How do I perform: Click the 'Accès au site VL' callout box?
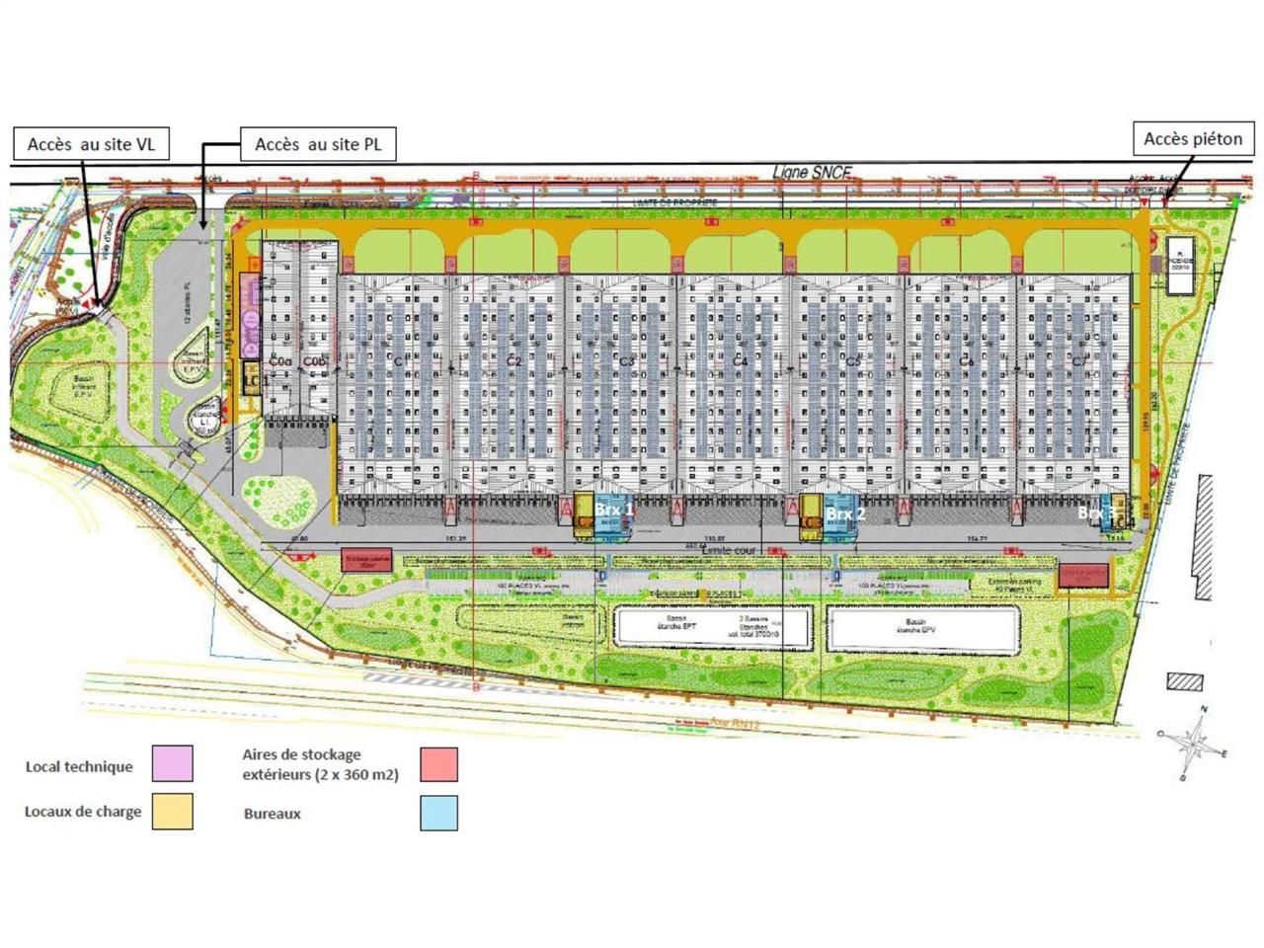coord(91,144)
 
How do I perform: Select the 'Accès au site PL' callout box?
coord(318,144)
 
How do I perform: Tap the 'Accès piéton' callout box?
coord(1193,139)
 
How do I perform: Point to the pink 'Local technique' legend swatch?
coord(173,763)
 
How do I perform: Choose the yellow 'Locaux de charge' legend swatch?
coord(173,812)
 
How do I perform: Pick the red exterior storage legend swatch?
coord(438,763)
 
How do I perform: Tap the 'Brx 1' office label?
coord(613,510)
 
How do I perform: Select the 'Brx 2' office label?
coord(845,513)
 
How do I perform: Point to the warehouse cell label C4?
coord(741,361)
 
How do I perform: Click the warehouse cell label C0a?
coord(280,362)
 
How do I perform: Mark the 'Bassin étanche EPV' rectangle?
coord(922,629)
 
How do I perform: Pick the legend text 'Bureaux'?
coord(272,814)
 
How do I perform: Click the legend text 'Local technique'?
coord(79,766)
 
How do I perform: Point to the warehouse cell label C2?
coord(513,361)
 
